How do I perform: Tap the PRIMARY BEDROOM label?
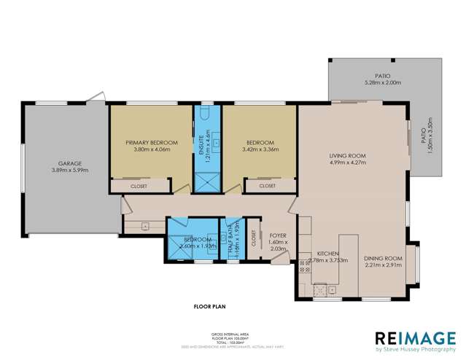coord(152,142)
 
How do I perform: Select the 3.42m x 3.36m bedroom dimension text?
coord(260,149)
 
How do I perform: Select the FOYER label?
coord(277,235)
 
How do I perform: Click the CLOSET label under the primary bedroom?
coord(139,187)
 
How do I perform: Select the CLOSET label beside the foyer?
coord(254,238)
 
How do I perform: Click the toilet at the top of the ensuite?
coord(206,113)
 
